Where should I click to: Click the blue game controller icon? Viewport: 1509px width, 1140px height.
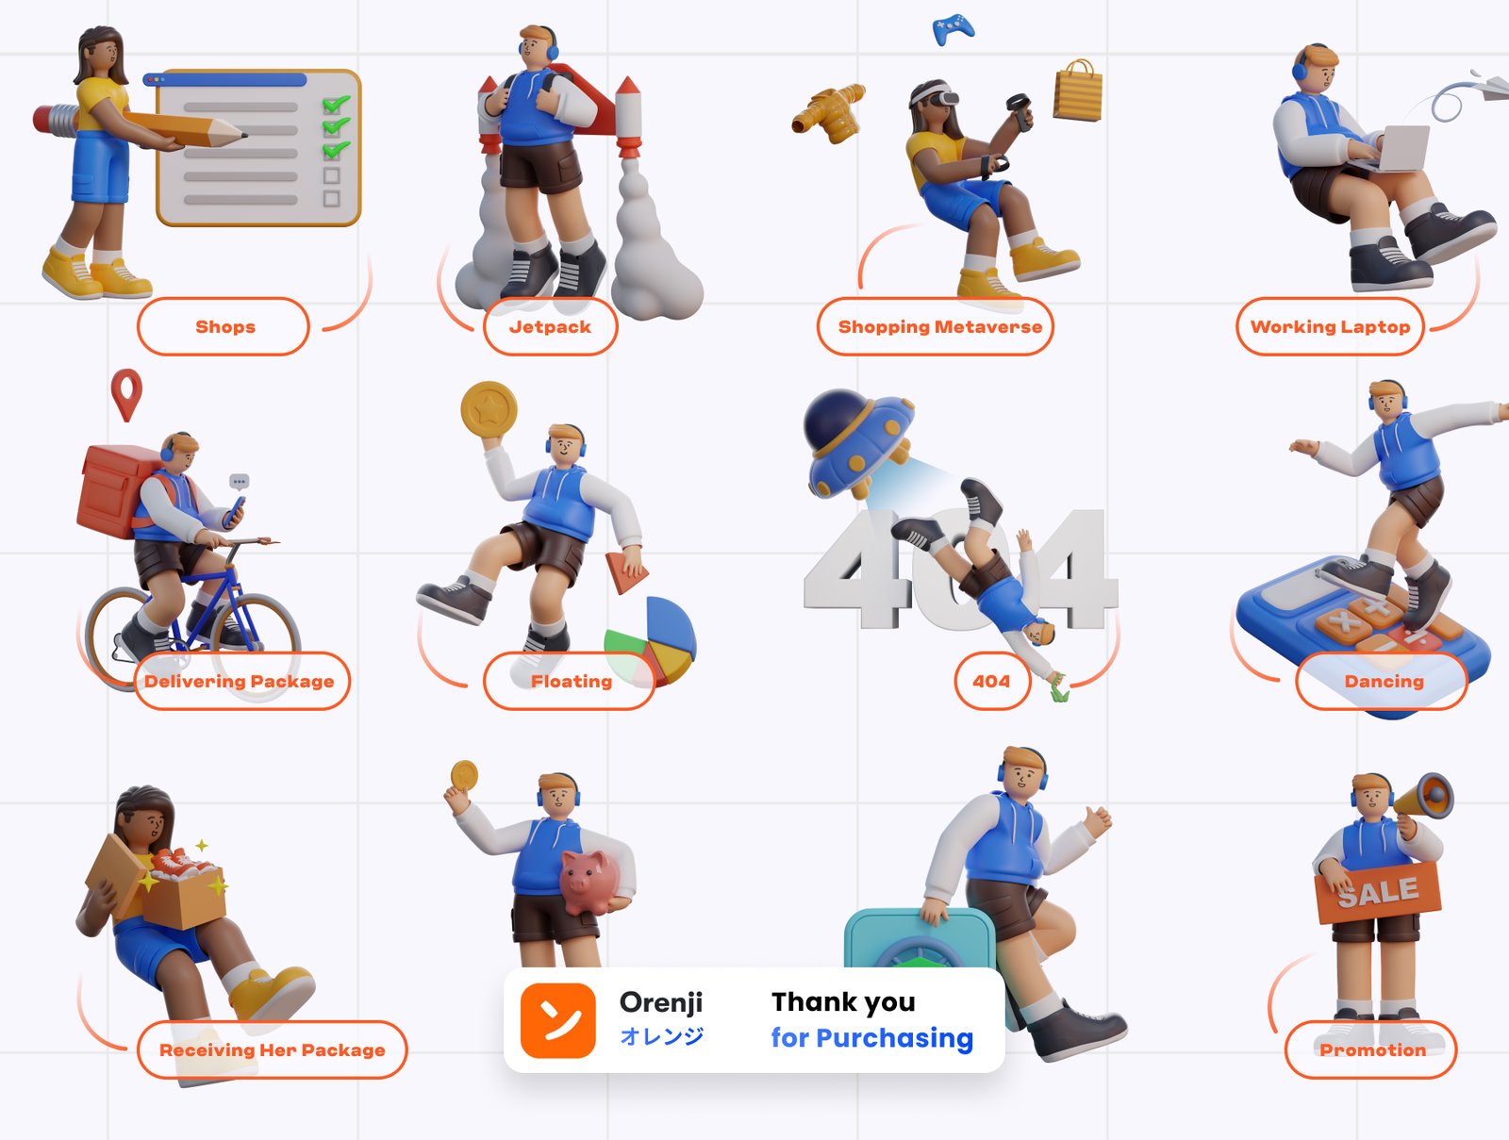pos(953,29)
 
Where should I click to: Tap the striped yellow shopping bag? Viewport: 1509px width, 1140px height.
pos(1078,91)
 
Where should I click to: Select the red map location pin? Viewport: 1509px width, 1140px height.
pos(126,394)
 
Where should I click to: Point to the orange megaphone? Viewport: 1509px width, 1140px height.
pos(1424,797)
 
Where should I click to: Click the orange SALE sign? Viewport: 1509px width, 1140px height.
pos(1378,892)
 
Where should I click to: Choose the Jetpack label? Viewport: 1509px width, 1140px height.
pos(550,326)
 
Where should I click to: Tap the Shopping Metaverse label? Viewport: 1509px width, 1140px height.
pos(935,326)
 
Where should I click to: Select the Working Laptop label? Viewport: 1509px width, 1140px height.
pos(1330,326)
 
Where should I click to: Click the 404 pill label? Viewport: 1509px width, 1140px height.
pos(992,681)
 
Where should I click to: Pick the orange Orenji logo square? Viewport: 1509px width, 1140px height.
pos(557,1020)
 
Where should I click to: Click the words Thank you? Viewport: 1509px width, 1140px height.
pos(843,1002)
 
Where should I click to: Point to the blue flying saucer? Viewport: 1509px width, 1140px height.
pos(859,442)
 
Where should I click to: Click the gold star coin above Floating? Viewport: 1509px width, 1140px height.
pos(489,409)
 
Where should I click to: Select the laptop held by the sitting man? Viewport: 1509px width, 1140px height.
pos(1397,148)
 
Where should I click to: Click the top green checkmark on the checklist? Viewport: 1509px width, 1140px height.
pos(336,105)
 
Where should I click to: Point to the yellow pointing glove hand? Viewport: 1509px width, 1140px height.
pos(829,112)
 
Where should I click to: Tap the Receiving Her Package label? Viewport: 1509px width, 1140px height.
pos(273,1050)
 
